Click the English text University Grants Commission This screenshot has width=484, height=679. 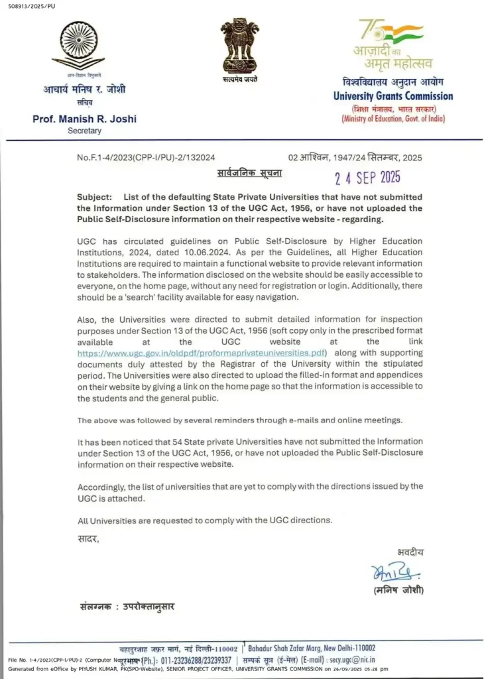tap(393, 96)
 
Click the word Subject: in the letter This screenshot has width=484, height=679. tap(96, 198)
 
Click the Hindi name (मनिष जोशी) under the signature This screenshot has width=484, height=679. tap(397, 590)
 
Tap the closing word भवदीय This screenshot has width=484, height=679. tap(410, 551)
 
